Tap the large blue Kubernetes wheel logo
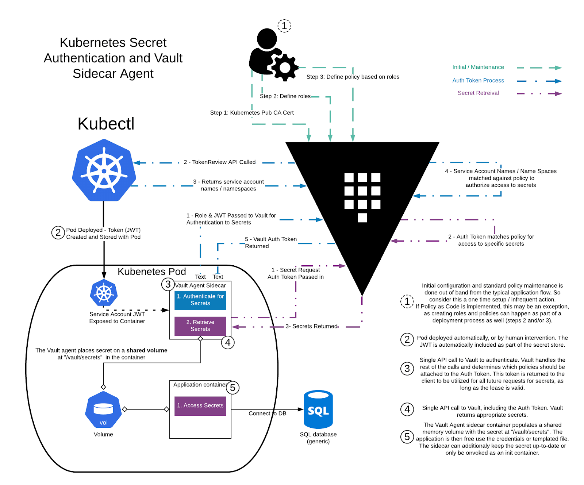tap(104, 170)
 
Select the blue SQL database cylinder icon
tap(318, 409)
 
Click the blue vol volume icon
tap(103, 410)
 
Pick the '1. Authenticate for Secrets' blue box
tap(200, 300)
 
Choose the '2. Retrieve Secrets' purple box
tap(200, 326)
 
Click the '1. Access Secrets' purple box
tap(200, 405)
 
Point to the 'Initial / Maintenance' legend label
tap(478, 67)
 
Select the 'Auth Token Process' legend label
tap(478, 80)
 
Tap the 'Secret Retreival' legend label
tap(478, 93)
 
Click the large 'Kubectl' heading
tap(106, 124)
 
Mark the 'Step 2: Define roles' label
tap(285, 96)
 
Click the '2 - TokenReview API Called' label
tap(220, 162)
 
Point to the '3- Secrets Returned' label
tap(312, 326)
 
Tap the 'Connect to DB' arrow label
tap(267, 413)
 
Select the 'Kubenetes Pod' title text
tap(151, 272)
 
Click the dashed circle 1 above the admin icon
tap(284, 26)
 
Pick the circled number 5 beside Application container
tap(233, 388)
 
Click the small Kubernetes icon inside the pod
tap(104, 293)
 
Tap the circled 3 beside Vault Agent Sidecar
tap(168, 284)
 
